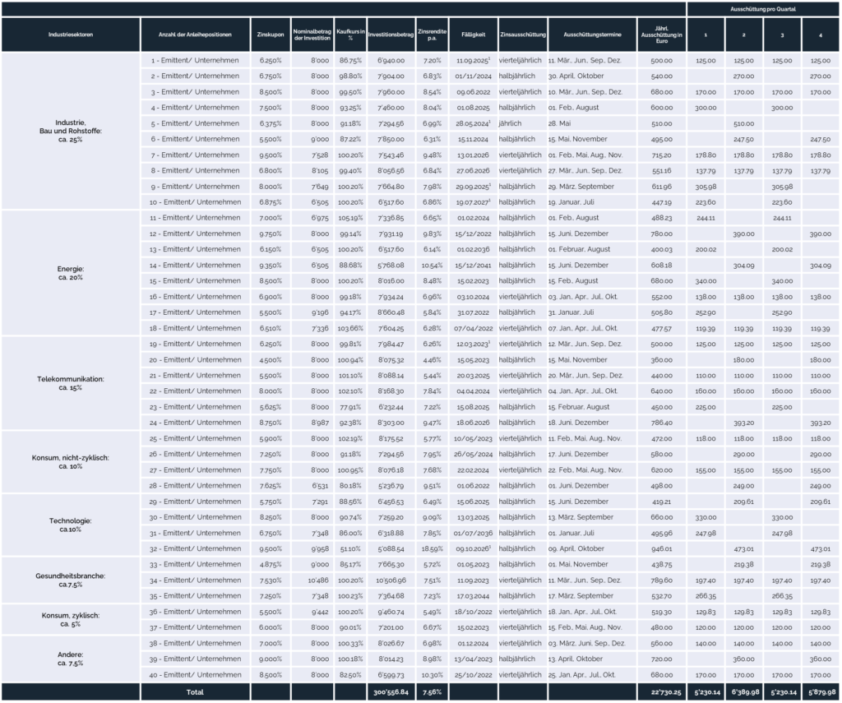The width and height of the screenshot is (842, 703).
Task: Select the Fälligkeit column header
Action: [474, 35]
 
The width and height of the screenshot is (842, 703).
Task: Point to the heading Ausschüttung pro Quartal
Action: [764, 7]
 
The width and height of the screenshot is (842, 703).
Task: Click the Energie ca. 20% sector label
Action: [71, 272]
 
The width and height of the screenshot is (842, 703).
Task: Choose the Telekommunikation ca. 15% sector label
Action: [71, 382]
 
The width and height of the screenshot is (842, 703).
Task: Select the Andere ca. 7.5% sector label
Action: [71, 658]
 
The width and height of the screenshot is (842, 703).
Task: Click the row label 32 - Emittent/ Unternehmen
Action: [196, 548]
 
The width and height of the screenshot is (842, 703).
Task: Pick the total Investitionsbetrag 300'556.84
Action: [387, 691]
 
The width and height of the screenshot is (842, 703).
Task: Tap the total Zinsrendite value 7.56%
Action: [433, 691]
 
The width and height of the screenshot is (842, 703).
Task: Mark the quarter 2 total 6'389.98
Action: [743, 691]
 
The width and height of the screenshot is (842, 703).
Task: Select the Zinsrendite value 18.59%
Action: [433, 548]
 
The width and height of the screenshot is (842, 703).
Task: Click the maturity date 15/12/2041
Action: [474, 266]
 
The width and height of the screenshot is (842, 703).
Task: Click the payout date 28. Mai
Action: [559, 123]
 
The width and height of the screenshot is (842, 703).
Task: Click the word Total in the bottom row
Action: [195, 691]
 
